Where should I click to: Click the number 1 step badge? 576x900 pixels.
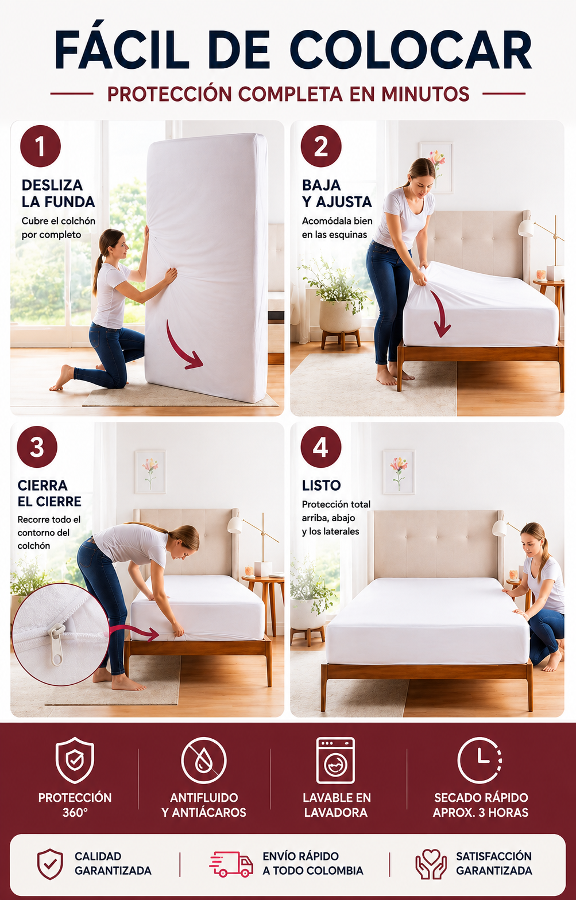[41, 146]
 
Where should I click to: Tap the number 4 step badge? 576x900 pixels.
[321, 447]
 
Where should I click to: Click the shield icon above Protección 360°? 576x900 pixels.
[75, 760]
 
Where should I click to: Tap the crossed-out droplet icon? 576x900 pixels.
[204, 760]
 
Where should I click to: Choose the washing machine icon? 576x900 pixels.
[335, 760]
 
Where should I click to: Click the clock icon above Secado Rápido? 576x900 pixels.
[480, 760]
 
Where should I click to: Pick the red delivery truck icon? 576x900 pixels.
[231, 864]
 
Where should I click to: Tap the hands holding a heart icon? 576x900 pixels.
[431, 863]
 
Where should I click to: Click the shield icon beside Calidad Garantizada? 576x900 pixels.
[50, 864]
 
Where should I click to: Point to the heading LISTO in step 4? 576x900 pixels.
[321, 486]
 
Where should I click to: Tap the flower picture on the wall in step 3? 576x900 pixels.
[150, 472]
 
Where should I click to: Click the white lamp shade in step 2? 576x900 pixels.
[526, 228]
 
